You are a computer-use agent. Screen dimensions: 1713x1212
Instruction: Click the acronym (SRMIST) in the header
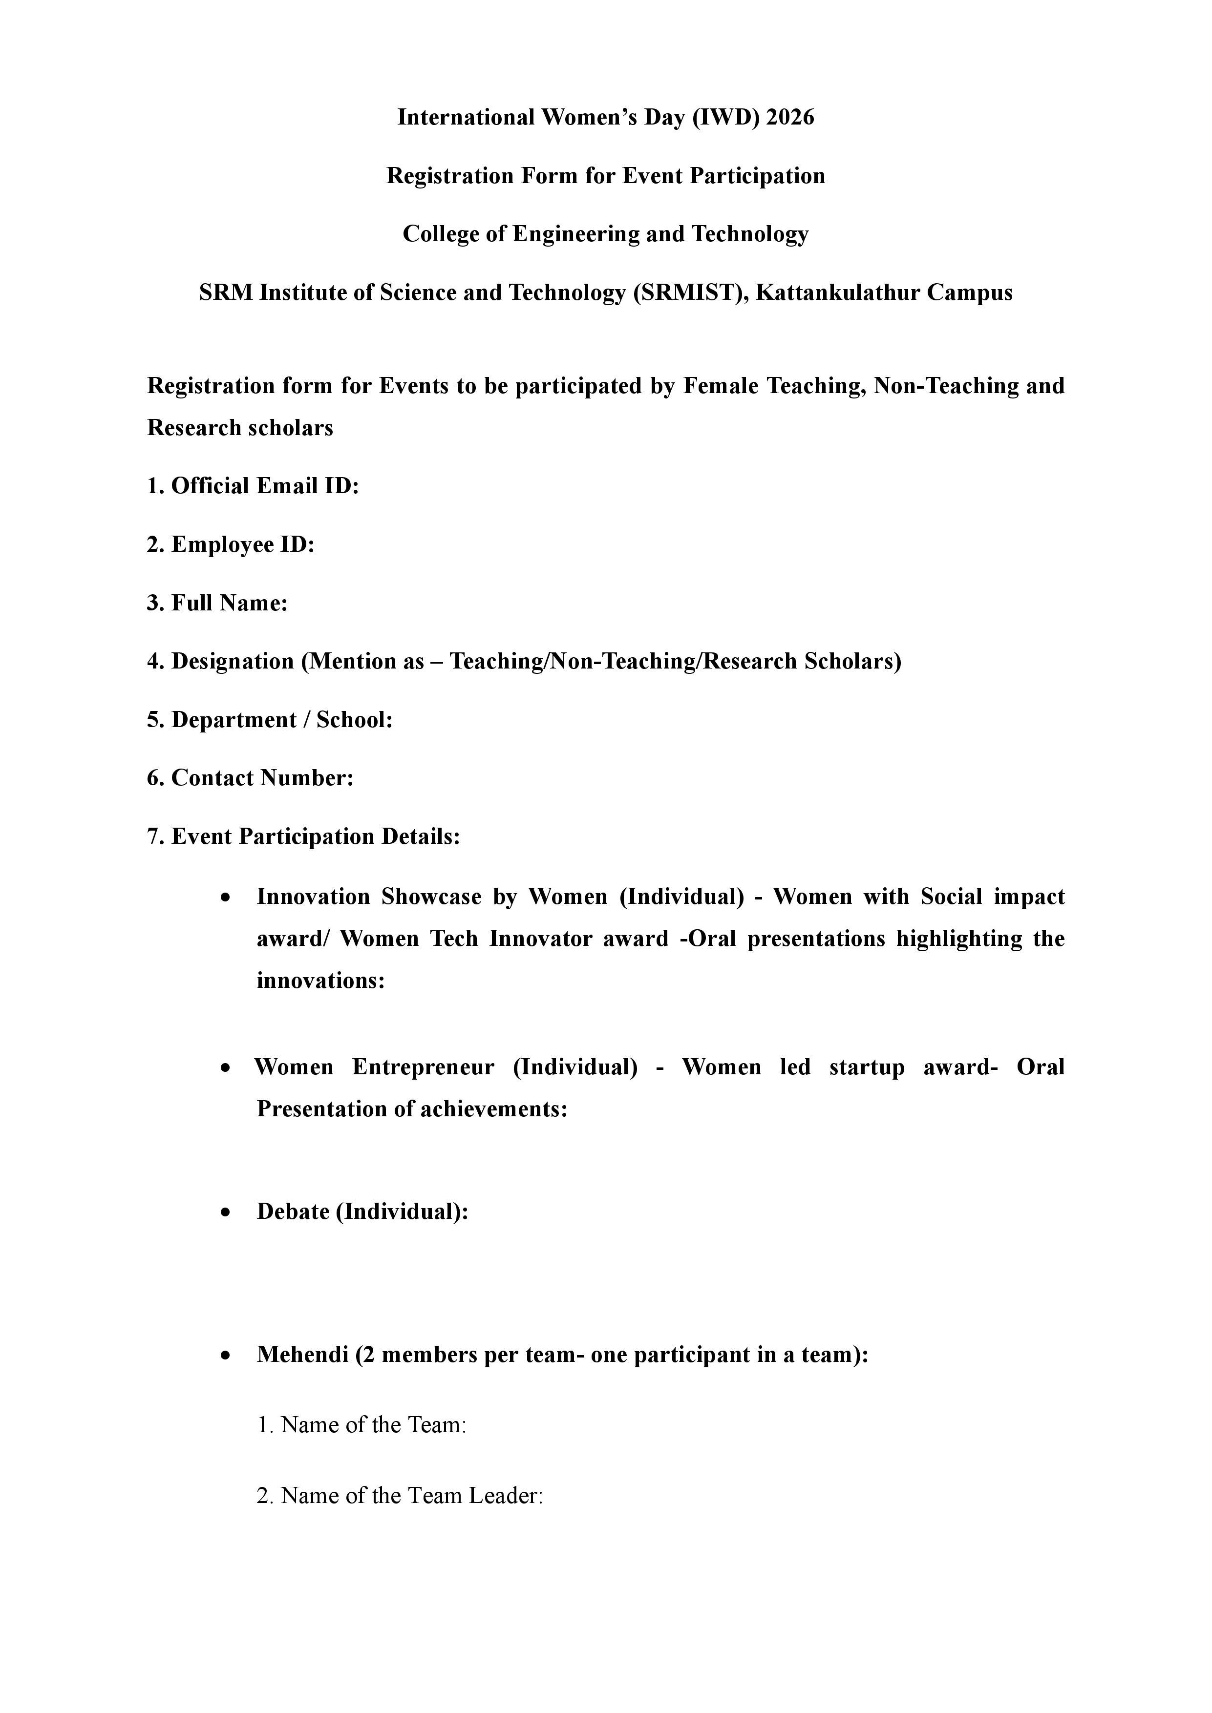pos(691,292)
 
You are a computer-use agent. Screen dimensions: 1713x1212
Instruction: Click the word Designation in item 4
pos(233,661)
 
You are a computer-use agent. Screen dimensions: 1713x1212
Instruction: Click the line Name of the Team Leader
pos(399,1496)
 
